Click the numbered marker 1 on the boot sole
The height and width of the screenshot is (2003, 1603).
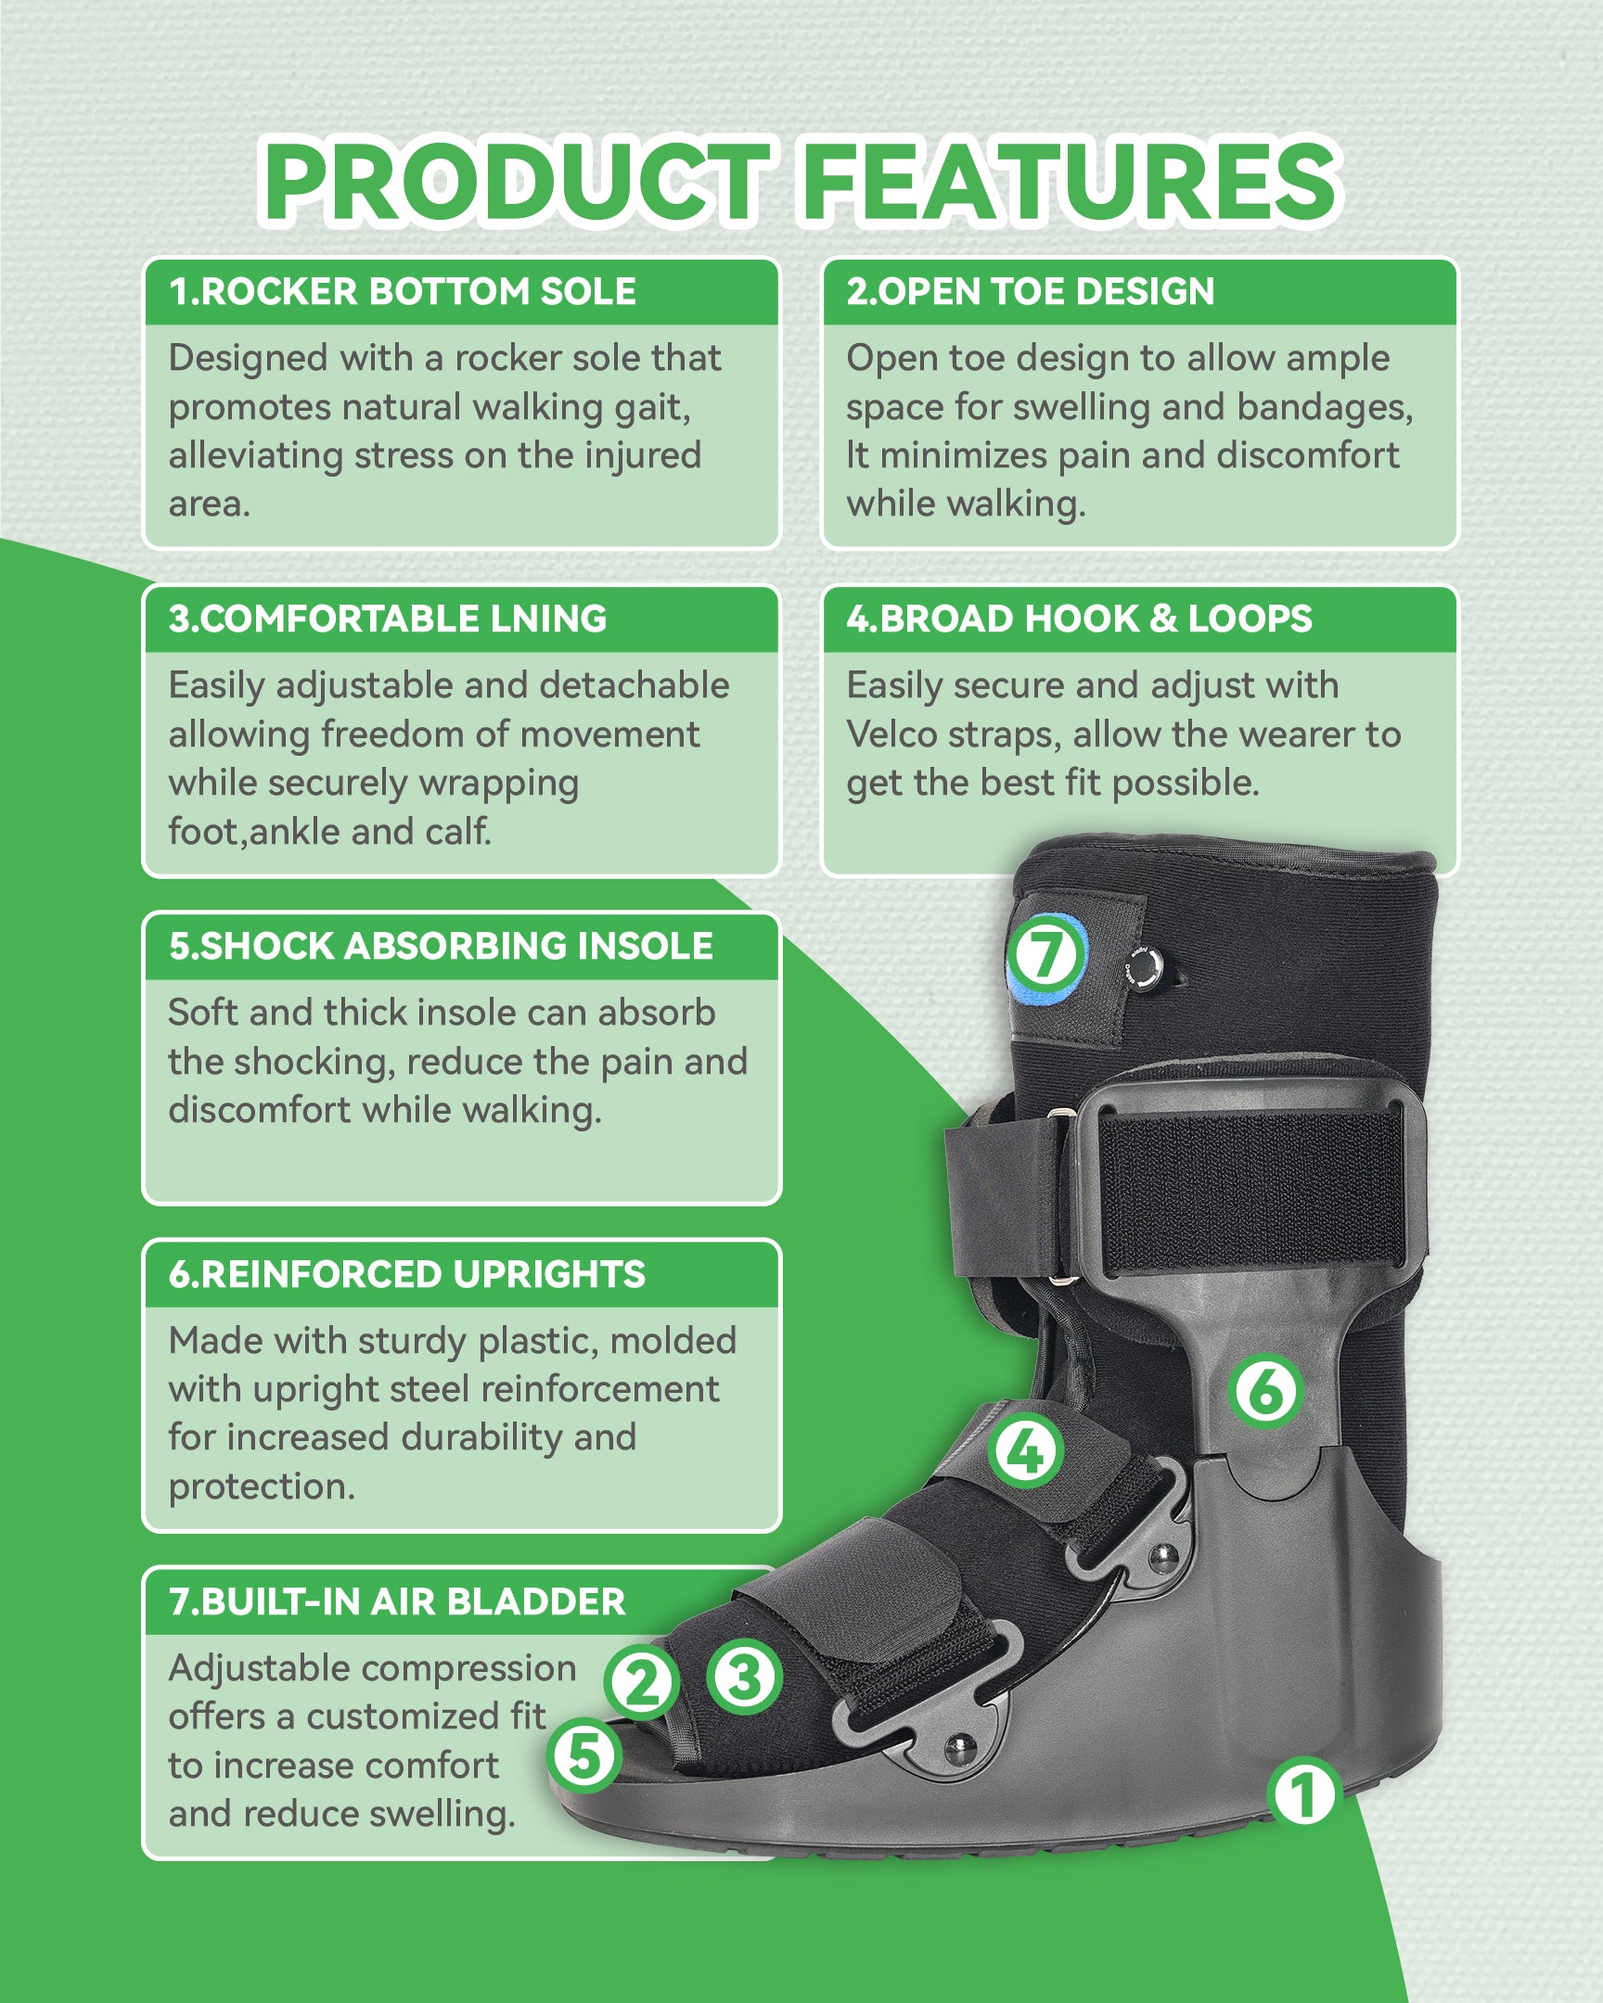click(1302, 1794)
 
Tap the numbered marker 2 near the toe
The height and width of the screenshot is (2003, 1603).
click(641, 1681)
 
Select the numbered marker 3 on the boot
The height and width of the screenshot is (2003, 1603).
click(743, 1677)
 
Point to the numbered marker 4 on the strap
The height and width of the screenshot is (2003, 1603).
click(1025, 1451)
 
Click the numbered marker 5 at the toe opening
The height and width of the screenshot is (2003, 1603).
click(584, 1756)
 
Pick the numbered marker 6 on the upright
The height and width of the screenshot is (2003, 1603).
click(1264, 1391)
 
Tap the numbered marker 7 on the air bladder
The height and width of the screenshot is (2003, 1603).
click(1046, 953)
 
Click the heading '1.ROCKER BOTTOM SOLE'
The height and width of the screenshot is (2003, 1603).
click(403, 292)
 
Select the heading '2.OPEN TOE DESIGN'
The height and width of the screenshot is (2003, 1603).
click(1030, 292)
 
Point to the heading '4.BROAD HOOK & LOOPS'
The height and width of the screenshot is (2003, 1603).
click(1079, 619)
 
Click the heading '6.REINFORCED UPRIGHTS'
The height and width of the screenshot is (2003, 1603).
click(407, 1274)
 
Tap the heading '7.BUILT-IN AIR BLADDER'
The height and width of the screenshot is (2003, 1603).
click(397, 1601)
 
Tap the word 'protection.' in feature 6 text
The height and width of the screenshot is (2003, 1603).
click(262, 1486)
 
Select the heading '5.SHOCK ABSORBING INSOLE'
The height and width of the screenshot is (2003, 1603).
click(441, 946)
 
